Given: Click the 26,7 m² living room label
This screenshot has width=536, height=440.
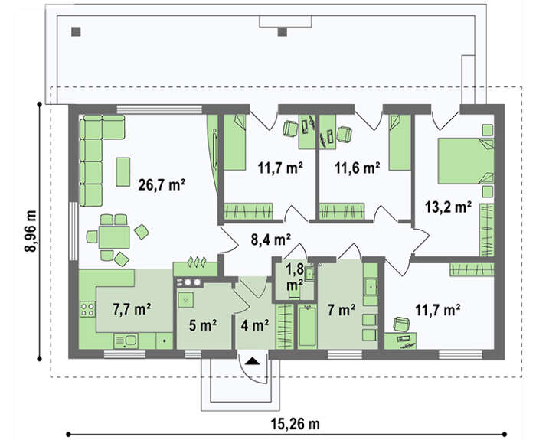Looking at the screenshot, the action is [x=162, y=185].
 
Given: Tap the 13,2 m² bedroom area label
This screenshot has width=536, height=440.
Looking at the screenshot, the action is [x=448, y=207].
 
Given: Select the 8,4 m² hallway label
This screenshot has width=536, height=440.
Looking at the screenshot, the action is [x=271, y=240].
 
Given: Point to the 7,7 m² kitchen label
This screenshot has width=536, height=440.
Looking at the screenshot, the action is [x=132, y=309].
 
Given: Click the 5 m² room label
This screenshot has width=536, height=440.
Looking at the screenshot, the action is [x=203, y=325].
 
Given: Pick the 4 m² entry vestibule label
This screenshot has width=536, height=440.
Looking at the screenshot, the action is [x=254, y=325].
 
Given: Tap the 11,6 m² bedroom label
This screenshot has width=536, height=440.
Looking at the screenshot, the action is [x=357, y=168].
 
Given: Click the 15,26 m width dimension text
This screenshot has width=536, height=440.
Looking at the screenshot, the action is [x=296, y=424].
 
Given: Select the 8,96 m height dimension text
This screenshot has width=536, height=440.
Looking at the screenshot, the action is [x=31, y=230].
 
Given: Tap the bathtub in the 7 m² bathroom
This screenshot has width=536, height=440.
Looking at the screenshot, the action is [x=306, y=325].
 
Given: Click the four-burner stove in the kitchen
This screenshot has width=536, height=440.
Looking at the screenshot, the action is [x=87, y=309].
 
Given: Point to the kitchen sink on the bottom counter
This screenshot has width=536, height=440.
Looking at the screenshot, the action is [x=126, y=341].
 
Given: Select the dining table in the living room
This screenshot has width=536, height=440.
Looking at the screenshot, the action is [x=114, y=237].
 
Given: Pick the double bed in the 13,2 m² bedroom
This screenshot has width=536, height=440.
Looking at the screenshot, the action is [x=466, y=161].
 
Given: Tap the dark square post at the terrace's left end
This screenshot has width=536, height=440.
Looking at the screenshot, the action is [x=76, y=32].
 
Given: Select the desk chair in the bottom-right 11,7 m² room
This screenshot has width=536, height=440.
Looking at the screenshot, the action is [x=402, y=324].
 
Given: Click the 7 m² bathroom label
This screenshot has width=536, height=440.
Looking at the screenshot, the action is [x=342, y=310].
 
